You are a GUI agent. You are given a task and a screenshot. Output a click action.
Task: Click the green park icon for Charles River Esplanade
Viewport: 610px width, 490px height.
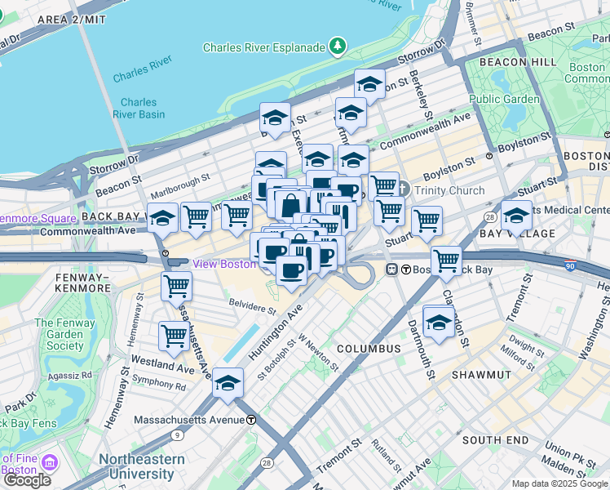point(337,47)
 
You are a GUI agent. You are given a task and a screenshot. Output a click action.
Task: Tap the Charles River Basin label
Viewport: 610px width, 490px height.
point(143,108)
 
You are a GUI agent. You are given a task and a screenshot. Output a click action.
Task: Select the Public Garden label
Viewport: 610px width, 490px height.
point(504,99)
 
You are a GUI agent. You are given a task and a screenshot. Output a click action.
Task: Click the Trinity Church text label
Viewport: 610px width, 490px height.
point(449,190)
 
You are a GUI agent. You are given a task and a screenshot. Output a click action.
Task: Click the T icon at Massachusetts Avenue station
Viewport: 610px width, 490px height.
point(252,419)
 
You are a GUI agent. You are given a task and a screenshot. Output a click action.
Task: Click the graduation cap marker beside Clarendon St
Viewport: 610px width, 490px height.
point(439,321)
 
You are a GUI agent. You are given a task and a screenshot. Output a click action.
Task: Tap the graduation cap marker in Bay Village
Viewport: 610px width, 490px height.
point(516,216)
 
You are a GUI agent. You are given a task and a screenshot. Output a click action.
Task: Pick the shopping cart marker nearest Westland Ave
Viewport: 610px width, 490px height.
point(174,336)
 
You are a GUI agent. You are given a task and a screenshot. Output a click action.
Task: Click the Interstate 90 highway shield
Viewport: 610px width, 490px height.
point(570,266)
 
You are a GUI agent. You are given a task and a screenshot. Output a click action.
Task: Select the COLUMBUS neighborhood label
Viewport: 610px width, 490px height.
point(368,349)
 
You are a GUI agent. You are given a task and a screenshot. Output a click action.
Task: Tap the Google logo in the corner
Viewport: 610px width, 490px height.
point(26,479)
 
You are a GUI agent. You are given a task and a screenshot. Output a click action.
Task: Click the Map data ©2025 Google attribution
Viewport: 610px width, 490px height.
point(559,483)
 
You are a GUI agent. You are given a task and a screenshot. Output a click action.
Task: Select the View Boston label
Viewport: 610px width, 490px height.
point(223,264)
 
